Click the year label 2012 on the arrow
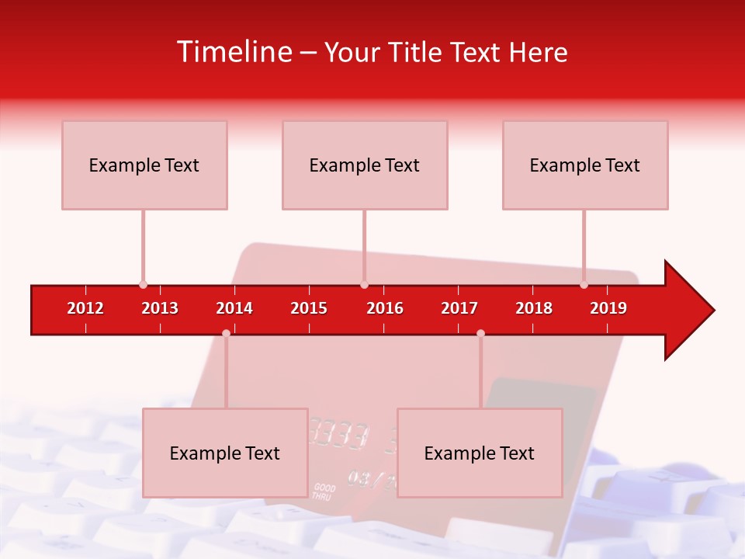point(85,308)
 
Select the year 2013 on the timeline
point(160,308)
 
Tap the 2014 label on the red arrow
point(234,308)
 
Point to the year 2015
point(309,308)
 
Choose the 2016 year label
point(385,308)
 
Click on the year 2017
point(459,308)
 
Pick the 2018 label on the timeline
point(534,308)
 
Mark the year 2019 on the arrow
point(608,308)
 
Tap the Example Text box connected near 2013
point(144,165)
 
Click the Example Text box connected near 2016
point(365,165)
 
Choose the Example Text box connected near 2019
point(585,165)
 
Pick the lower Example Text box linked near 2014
point(225,453)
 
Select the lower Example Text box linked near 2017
point(480,453)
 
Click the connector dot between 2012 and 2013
point(143,284)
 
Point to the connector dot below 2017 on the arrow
point(480,333)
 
